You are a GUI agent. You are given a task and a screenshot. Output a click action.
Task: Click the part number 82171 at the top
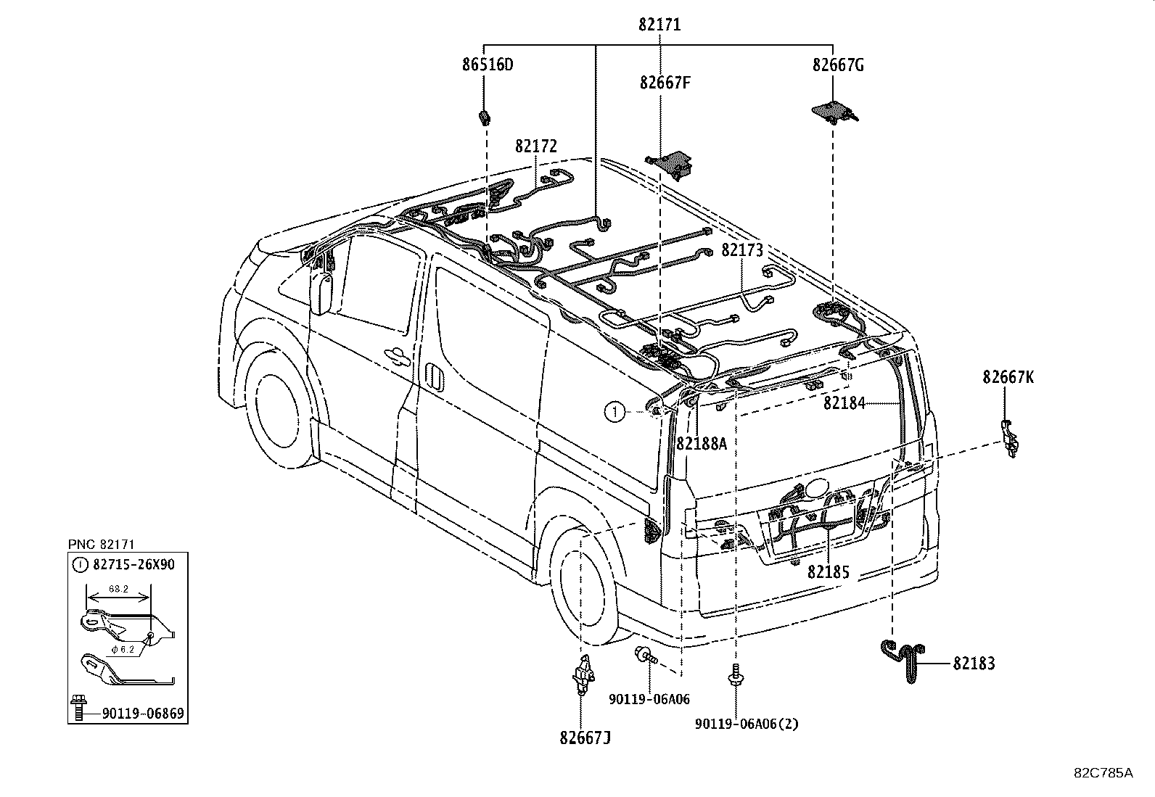[659, 25]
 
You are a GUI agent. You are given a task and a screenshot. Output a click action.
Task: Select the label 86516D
[488, 65]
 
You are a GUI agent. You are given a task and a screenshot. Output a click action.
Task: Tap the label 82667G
[838, 65]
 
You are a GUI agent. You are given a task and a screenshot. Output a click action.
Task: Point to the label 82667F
[665, 83]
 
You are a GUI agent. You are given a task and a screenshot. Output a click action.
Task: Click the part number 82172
[536, 146]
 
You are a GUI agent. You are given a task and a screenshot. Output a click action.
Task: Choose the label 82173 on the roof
[742, 250]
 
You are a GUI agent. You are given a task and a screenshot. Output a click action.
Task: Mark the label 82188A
[702, 443]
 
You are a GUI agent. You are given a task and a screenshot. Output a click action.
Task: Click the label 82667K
[1008, 377]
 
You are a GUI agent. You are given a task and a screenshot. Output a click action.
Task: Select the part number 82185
[828, 572]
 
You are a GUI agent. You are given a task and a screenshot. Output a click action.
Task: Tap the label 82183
[974, 664]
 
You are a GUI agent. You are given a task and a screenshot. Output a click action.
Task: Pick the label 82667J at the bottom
[585, 738]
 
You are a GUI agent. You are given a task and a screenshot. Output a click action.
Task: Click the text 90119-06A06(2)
[747, 724]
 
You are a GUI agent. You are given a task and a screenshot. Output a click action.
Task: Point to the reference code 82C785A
[1103, 773]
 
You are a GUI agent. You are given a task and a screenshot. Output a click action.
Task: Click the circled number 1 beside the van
[615, 412]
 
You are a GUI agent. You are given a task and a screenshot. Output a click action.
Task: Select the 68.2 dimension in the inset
[118, 589]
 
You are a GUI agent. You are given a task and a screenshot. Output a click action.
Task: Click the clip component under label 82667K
[1010, 438]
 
